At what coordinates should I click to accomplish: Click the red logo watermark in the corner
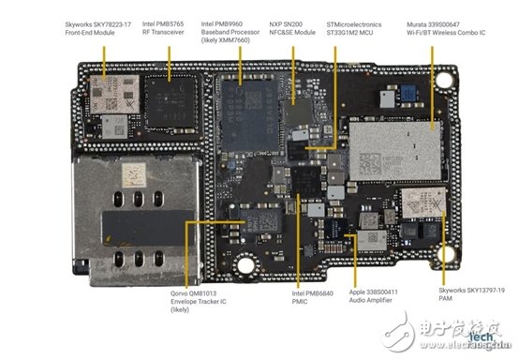coord(456,337)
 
